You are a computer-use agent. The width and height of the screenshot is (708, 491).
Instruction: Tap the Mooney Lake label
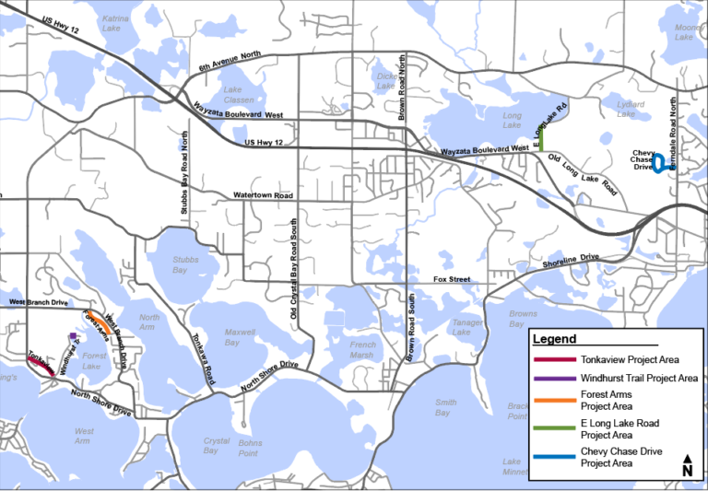[688, 32]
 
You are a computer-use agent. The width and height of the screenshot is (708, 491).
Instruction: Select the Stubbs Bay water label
[185, 265]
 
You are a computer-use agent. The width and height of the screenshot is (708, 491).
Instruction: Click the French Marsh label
[362, 350]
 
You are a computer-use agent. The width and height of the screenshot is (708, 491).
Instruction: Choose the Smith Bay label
[446, 407]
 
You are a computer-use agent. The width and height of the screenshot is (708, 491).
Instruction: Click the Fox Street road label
[452, 279]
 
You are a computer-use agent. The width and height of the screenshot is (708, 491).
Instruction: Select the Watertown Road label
[263, 196]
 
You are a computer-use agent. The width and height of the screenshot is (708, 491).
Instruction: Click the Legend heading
[554, 339]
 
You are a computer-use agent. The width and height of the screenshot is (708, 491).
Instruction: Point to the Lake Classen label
[232, 95]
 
